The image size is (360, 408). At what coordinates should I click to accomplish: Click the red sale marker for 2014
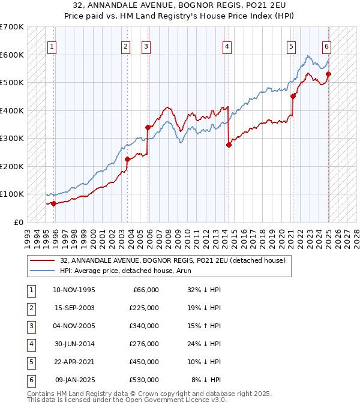pos(229,145)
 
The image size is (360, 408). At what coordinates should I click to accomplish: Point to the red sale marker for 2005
pos(148,127)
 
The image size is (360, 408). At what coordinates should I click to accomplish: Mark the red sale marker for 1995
pos(54,203)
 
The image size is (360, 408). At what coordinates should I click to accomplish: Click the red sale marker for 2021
pos(293,96)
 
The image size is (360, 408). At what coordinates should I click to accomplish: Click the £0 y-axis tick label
pos(19,222)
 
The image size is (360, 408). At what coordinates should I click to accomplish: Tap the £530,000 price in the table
pos(144,380)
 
